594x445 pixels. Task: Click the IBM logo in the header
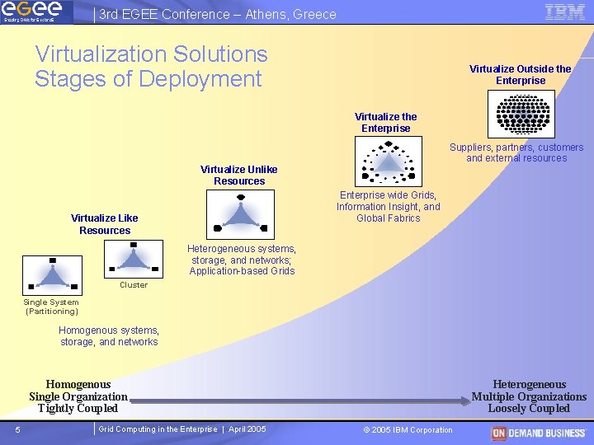pyautogui.click(x=565, y=12)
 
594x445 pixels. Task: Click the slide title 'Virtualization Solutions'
pyautogui.click(x=151, y=54)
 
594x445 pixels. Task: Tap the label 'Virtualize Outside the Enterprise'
pyautogui.click(x=520, y=75)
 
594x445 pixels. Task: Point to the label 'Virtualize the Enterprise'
pyautogui.click(x=385, y=123)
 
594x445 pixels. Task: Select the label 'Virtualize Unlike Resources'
pyautogui.click(x=238, y=175)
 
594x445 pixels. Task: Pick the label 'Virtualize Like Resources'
pyautogui.click(x=105, y=224)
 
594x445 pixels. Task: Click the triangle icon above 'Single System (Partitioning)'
pyautogui.click(x=52, y=275)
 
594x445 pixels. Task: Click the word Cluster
pyautogui.click(x=134, y=285)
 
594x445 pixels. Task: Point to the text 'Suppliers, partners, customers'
pyautogui.click(x=516, y=148)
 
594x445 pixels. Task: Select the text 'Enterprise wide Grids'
pyautogui.click(x=388, y=195)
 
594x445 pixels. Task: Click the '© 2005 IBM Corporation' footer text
pyautogui.click(x=408, y=430)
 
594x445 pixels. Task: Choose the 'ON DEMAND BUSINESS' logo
pyautogui.click(x=540, y=433)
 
